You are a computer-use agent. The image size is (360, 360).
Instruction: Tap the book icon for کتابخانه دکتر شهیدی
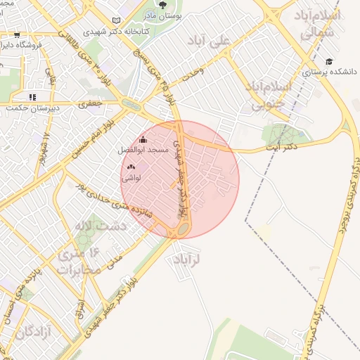pyautogui.click(x=117, y=21)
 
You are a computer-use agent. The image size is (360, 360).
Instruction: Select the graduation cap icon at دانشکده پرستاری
pyautogui.click(x=329, y=60)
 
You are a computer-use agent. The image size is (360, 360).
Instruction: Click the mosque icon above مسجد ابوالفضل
pyautogui.click(x=143, y=139)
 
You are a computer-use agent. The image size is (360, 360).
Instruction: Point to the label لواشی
pyautogui.click(x=131, y=178)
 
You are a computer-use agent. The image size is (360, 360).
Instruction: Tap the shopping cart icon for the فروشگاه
pyautogui.click(x=17, y=34)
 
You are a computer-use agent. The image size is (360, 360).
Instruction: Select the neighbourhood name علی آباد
pyautogui.click(x=210, y=41)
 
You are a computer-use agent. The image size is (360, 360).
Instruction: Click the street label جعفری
pyautogui.click(x=95, y=102)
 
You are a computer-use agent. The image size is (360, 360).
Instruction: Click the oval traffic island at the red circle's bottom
pyautogui.click(x=182, y=229)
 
